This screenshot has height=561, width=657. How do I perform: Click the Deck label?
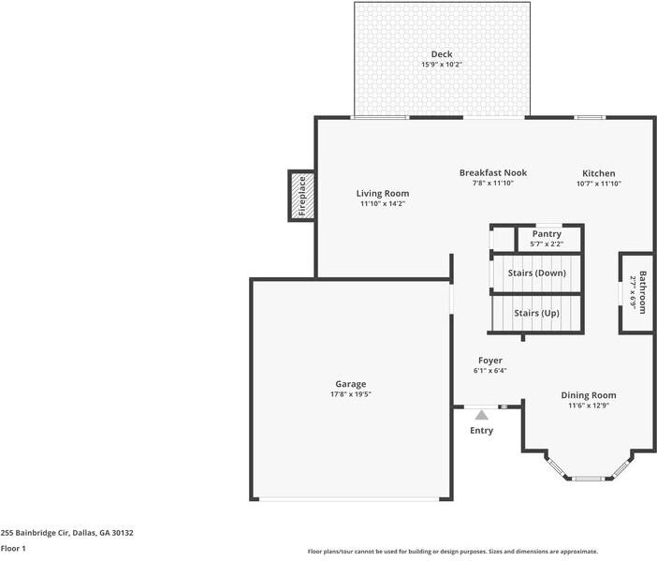(441, 54)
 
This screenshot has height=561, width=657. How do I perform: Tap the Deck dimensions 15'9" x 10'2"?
(441, 65)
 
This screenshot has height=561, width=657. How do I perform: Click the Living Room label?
(384, 194)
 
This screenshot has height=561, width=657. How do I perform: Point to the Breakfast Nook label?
(493, 172)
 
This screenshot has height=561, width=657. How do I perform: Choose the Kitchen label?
(599, 173)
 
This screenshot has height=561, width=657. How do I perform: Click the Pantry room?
(547, 238)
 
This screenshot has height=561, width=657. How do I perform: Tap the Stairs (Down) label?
(537, 273)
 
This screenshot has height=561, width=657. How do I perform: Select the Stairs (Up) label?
(537, 313)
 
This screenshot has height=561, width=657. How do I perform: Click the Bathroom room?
(636, 292)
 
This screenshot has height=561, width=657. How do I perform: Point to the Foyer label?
(490, 361)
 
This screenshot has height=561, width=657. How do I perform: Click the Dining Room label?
(589, 395)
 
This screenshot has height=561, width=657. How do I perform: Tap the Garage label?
(351, 384)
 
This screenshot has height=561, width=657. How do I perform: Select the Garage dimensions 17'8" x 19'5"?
(351, 394)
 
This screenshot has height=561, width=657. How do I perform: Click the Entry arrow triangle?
(481, 414)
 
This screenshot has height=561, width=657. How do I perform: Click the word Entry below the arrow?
(481, 431)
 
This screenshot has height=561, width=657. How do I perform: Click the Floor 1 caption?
(13, 549)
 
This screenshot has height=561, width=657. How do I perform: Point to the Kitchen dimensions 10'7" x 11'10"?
(599, 184)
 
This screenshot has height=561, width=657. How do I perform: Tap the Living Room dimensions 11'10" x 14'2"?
(384, 204)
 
